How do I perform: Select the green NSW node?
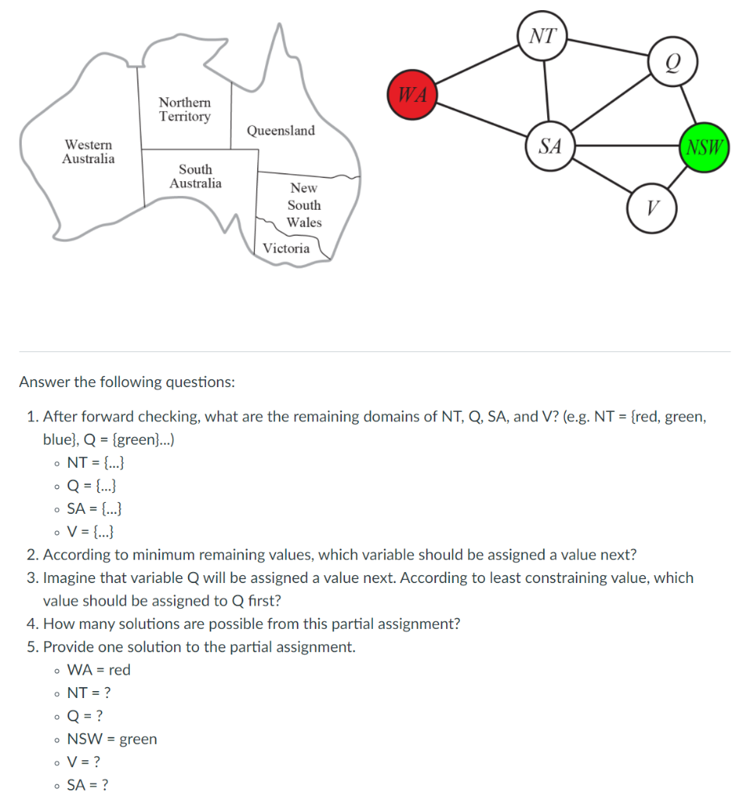click(704, 146)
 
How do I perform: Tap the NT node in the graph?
click(543, 36)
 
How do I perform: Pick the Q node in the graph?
click(672, 62)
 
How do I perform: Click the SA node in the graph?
click(550, 145)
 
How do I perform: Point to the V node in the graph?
click(653, 208)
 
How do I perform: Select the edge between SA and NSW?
click(626, 145)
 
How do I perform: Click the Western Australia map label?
click(88, 152)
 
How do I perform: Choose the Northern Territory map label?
click(184, 110)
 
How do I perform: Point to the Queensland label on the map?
click(281, 131)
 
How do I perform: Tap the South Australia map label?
click(195, 176)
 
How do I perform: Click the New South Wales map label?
click(304, 205)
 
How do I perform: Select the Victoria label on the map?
click(286, 249)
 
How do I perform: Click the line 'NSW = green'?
click(112, 739)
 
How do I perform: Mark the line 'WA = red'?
click(99, 670)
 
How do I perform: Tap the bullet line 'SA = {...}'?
click(93, 509)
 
